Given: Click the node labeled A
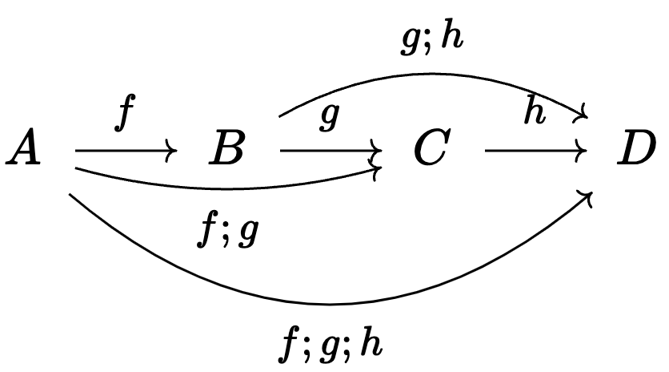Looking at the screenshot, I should click(x=24, y=150).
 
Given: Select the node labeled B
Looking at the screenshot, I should click(x=226, y=150).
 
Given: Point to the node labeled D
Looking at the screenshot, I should click(x=641, y=150).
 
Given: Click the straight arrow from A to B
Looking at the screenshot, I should click(x=124, y=150).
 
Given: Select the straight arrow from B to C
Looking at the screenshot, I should click(x=328, y=150).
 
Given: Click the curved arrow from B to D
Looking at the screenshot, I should click(x=432, y=75).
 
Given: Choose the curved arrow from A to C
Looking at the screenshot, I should click(x=224, y=186).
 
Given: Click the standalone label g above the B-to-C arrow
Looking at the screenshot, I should click(x=328, y=119).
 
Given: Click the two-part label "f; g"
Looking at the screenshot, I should click(x=227, y=232).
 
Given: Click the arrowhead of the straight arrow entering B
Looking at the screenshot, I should click(x=171, y=150).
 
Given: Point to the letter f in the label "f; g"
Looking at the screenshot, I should click(x=206, y=232).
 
